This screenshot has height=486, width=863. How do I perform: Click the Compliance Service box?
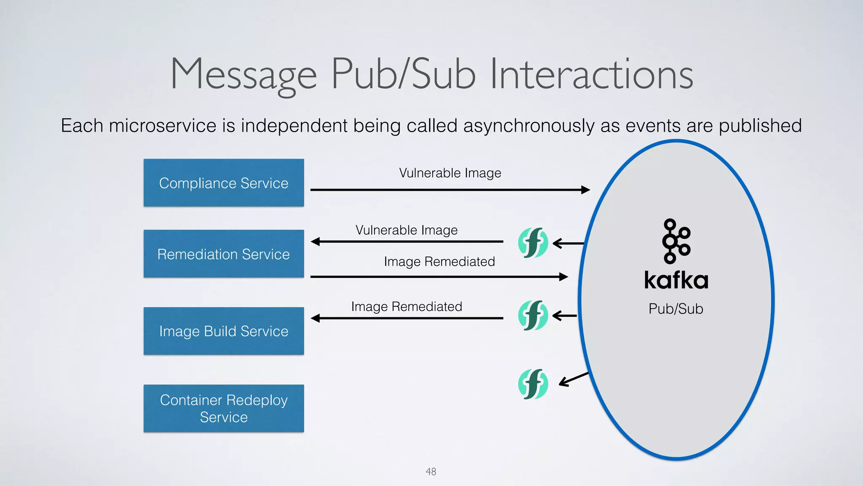[x=223, y=183]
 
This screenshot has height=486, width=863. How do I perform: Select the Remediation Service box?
[x=223, y=254]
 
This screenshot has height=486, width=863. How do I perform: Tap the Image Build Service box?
[x=223, y=331]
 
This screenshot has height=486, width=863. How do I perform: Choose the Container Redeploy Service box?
[x=223, y=408]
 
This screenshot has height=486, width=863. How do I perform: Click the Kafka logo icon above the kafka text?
[x=676, y=241]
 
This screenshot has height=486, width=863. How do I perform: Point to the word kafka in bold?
[x=676, y=281]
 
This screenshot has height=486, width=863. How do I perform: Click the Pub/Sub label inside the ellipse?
[x=675, y=309]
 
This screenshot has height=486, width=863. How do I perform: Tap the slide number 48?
[x=431, y=472]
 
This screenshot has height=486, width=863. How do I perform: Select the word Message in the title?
[x=244, y=75]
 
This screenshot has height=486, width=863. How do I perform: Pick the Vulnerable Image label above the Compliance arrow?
[x=450, y=173]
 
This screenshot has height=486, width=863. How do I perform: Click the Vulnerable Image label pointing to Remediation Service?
[x=406, y=230]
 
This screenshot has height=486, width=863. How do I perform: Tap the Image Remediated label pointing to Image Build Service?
[x=406, y=307]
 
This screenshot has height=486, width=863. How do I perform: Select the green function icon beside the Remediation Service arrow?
[x=533, y=243]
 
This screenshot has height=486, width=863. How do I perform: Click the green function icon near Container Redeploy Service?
[x=533, y=384]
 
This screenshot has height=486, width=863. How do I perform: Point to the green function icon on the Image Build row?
[x=533, y=315]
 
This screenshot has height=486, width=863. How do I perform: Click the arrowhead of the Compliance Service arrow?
[x=585, y=190]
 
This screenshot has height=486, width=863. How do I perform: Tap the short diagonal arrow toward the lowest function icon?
[x=573, y=379]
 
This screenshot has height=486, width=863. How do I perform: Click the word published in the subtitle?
[x=760, y=126]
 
